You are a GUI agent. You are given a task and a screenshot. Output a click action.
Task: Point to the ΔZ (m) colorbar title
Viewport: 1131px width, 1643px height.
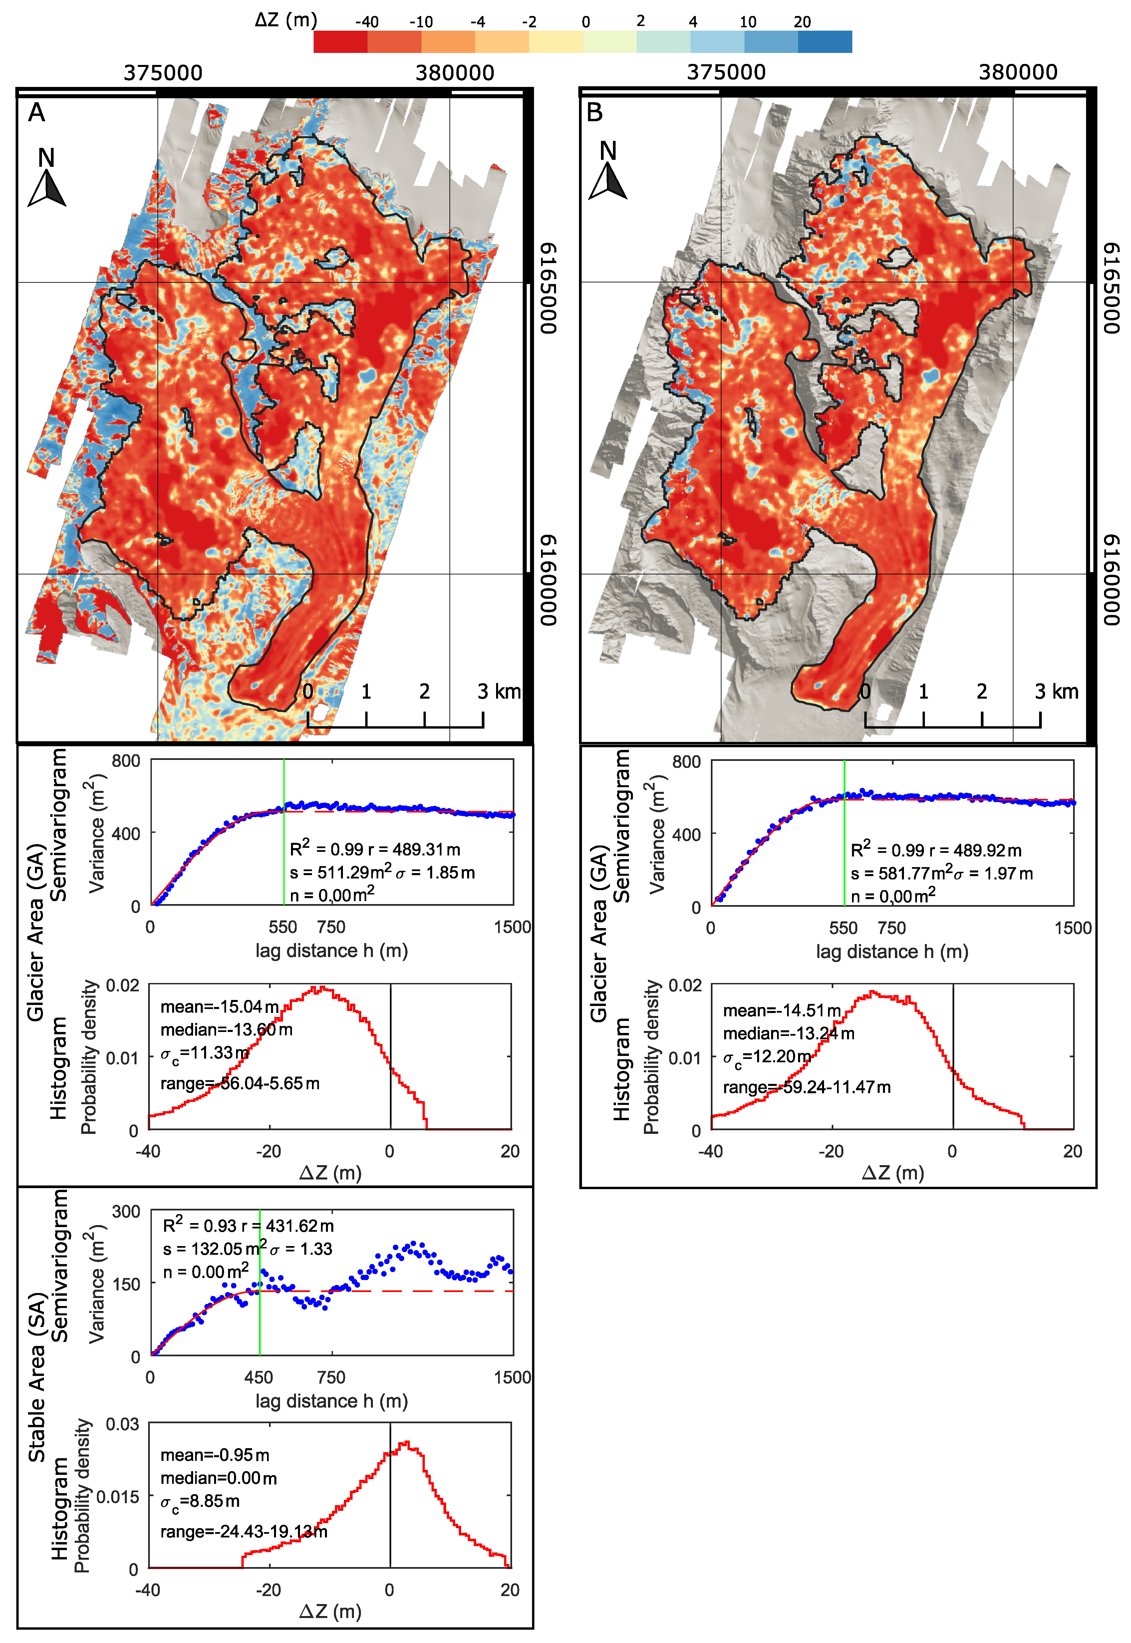tap(286, 20)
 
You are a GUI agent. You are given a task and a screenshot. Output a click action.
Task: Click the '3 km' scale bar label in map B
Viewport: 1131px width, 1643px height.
tap(1056, 691)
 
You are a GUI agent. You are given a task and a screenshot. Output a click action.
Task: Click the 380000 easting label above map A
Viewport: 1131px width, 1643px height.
tap(454, 72)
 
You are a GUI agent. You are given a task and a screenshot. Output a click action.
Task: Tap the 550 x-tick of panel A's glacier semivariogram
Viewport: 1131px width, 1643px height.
tap(283, 927)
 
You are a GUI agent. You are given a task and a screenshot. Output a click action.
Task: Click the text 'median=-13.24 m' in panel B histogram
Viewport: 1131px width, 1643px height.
tap(788, 1033)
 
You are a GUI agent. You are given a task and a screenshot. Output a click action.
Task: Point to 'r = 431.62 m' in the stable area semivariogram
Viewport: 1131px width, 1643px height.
tap(287, 1225)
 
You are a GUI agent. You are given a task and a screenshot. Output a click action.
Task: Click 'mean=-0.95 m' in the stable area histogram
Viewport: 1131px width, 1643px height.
tap(215, 1455)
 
